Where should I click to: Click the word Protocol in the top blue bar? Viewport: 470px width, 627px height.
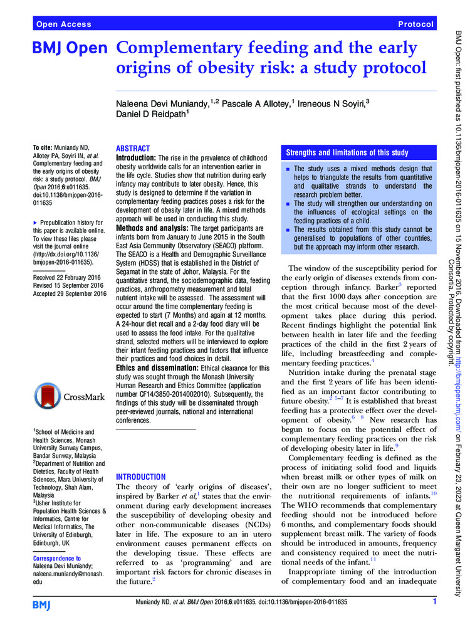pos(415,24)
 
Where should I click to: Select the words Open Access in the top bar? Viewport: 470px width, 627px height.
pos(64,24)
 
